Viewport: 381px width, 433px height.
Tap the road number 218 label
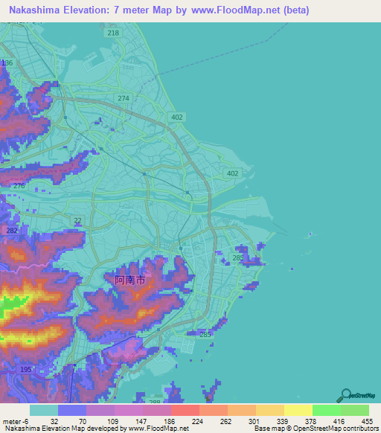click(112, 33)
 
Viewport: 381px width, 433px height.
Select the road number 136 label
click(7, 63)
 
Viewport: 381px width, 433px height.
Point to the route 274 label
click(124, 98)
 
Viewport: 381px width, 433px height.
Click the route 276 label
click(19, 185)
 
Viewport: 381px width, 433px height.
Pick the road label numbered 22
click(77, 219)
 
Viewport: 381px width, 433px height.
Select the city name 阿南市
click(135, 280)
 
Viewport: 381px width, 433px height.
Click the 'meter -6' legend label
click(15, 420)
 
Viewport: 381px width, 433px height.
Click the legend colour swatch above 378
click(298, 410)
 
